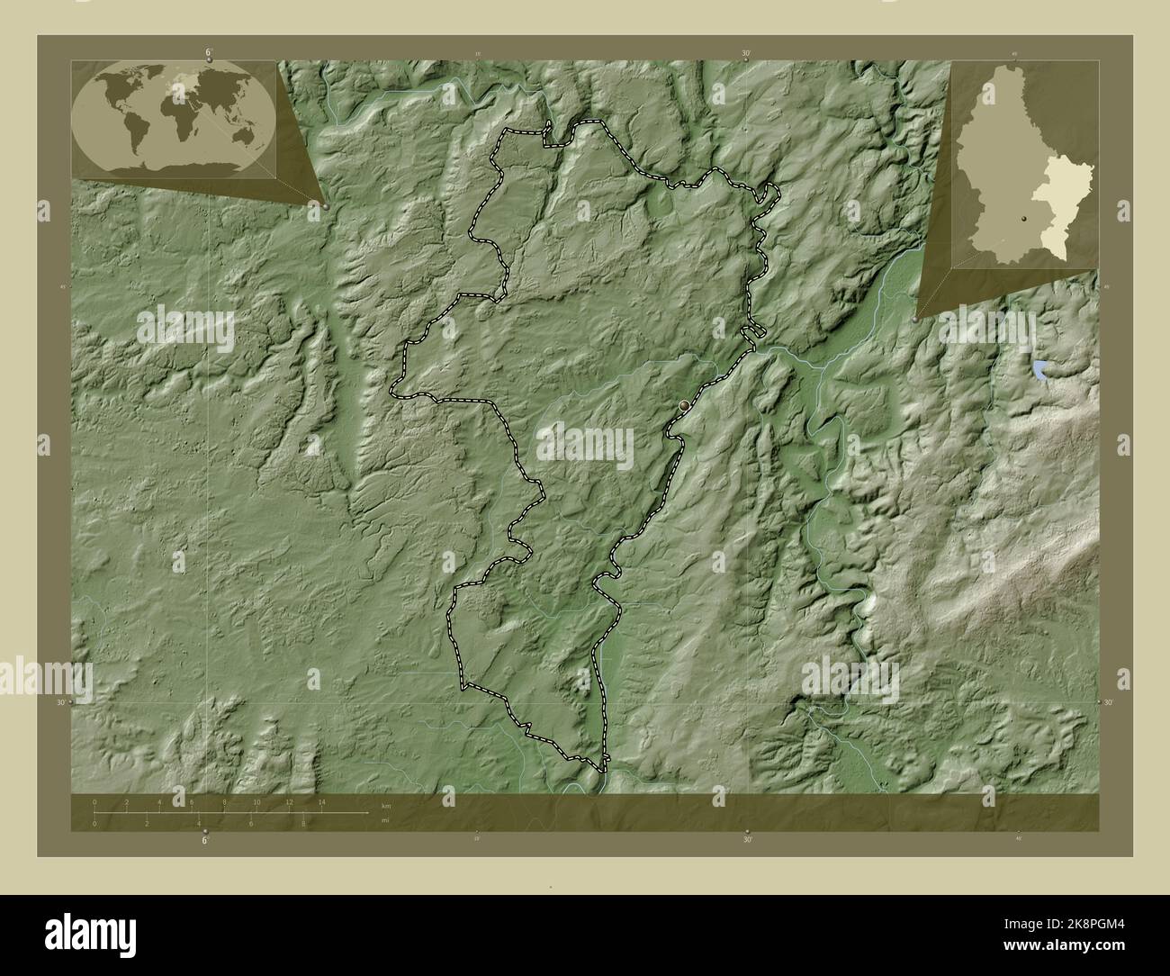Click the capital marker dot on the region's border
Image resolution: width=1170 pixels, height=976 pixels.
pyautogui.click(x=685, y=406)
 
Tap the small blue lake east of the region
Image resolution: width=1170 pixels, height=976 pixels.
pyautogui.click(x=1040, y=367)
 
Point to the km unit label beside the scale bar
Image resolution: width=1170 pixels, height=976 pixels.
pyautogui.click(x=386, y=805)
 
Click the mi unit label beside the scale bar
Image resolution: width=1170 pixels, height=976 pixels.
pyautogui.click(x=384, y=821)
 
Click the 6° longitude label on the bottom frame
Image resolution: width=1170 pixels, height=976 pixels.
pyautogui.click(x=205, y=841)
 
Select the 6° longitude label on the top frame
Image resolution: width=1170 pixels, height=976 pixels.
pyautogui.click(x=208, y=53)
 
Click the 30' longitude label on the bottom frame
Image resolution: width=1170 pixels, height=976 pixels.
pyautogui.click(x=747, y=841)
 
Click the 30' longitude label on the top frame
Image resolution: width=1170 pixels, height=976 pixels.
pyautogui.click(x=746, y=54)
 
